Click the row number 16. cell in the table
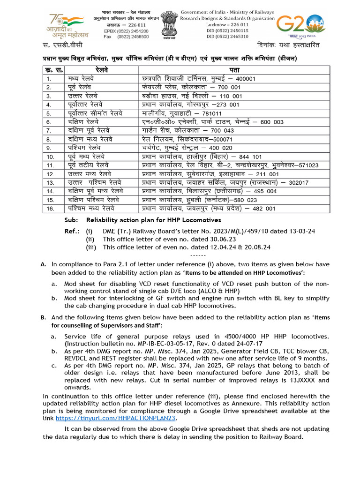(48, 208)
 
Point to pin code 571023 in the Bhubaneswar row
(306, 165)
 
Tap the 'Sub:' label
(71, 220)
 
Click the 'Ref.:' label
(72, 231)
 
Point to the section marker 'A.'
(44, 264)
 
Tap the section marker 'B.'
(44, 317)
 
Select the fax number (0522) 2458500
(127, 37)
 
